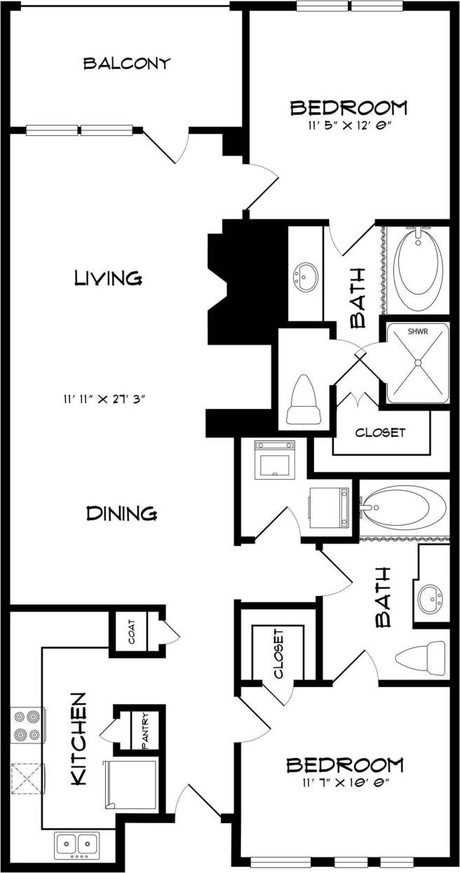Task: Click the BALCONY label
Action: pos(127,63)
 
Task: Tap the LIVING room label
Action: pos(109,278)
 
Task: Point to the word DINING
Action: pos(121,513)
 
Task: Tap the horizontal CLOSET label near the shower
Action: pos(380,433)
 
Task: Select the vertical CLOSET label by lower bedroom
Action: pos(278,654)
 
